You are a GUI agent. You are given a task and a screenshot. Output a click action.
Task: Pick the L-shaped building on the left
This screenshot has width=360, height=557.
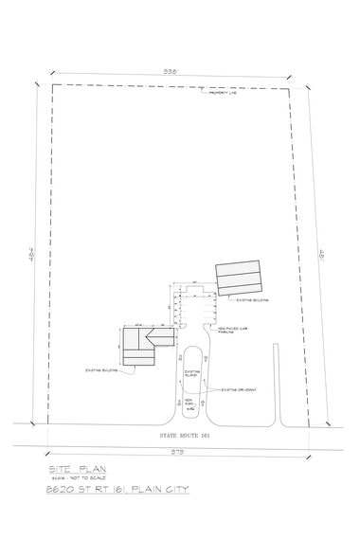pyautogui.click(x=142, y=343)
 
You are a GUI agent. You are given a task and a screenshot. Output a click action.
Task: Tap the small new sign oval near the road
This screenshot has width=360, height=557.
pyautogui.click(x=189, y=405)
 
